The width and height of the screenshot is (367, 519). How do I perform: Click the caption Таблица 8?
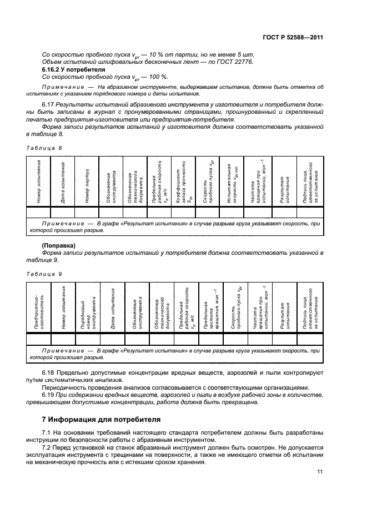pos(44,148)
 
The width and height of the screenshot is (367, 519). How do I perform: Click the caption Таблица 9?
pos(44,274)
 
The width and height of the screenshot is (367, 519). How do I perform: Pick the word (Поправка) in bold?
pos(59,245)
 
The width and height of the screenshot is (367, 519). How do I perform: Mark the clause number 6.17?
pos(49,104)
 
